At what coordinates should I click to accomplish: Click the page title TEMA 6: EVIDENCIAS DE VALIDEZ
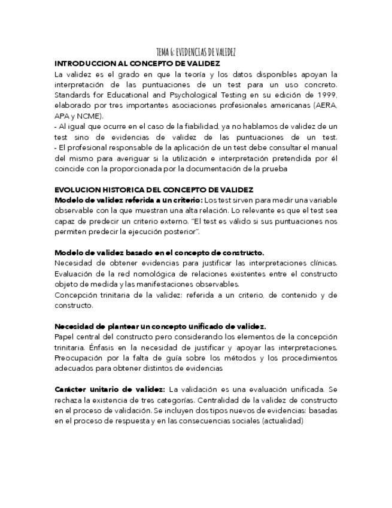click(196, 53)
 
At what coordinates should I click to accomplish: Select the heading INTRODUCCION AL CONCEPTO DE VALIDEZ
click(137, 63)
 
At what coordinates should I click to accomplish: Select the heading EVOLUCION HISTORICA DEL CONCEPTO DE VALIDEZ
click(153, 190)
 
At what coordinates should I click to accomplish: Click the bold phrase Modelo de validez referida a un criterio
click(128, 200)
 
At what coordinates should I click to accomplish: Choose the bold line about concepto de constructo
click(159, 253)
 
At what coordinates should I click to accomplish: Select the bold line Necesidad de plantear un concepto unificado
click(160, 326)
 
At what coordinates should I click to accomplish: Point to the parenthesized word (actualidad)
click(283, 421)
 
